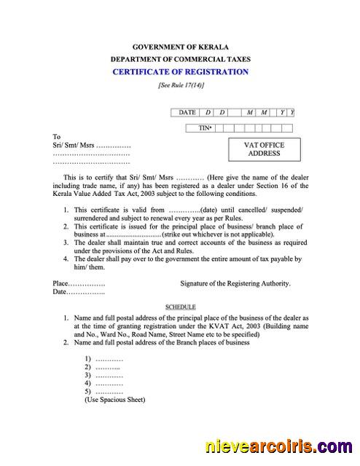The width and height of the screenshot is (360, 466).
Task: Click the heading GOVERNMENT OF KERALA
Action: point(180,47)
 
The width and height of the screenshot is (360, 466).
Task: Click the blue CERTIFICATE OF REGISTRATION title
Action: point(180,71)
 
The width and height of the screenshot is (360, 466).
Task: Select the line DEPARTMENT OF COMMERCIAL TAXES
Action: point(180,58)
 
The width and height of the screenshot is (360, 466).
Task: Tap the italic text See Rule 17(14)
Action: point(181,85)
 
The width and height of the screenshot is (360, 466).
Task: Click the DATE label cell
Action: point(187,112)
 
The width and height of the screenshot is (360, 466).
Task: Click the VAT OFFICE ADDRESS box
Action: point(264,149)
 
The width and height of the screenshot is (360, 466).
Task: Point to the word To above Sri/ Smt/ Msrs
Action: point(57,136)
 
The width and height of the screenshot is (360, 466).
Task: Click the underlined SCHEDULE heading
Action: point(180,307)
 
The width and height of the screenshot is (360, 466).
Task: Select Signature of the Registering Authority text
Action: point(235,283)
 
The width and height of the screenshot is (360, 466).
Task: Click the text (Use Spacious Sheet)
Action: point(115,400)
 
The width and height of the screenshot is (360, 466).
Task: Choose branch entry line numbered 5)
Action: point(103,391)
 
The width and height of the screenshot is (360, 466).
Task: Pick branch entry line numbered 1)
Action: point(103,359)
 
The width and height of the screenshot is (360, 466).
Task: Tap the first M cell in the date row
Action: point(250,112)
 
